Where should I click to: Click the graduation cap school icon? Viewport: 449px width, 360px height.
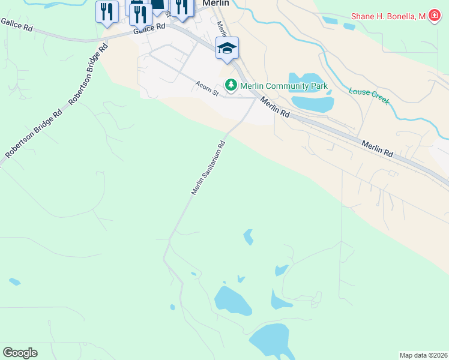[227, 48]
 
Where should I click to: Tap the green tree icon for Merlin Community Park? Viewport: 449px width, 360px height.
[231, 86]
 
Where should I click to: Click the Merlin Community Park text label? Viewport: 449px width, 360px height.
[283, 86]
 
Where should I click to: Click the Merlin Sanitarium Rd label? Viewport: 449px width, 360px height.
[208, 167]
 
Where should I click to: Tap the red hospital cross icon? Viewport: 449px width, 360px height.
[433, 17]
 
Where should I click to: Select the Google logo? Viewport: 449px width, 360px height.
[20, 353]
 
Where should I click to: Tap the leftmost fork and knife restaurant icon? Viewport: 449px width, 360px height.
[107, 12]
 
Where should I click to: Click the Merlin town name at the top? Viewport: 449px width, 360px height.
[216, 3]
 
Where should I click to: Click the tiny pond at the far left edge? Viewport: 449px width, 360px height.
[14, 281]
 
